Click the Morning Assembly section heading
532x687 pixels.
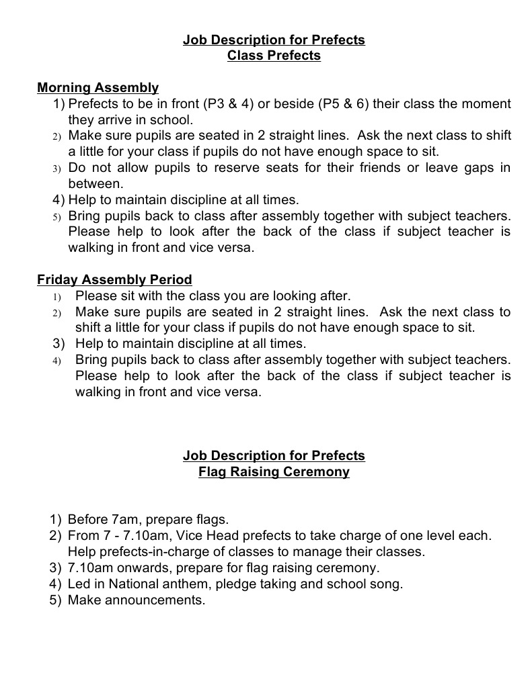pyautogui.click(x=98, y=87)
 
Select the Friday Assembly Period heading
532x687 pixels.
pyautogui.click(x=114, y=279)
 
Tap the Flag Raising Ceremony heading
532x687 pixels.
pyautogui.click(x=274, y=471)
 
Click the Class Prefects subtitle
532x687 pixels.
pyautogui.click(x=274, y=56)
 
